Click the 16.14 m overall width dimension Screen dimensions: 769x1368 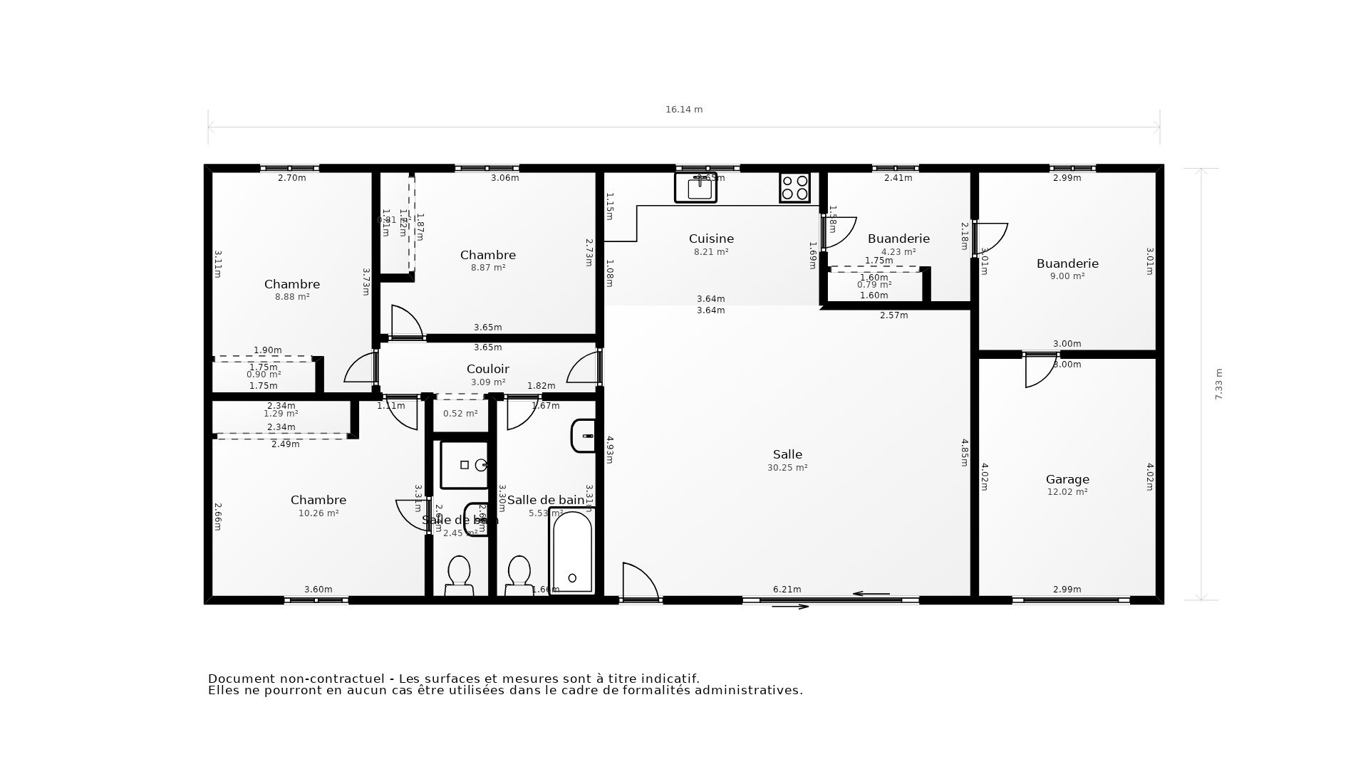684,110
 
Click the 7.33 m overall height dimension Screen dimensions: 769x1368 1218,384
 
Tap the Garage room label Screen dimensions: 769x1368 1067,479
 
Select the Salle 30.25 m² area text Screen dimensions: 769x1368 787,468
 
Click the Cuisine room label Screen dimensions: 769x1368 711,239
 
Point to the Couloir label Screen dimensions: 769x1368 487,369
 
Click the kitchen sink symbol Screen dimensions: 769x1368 696,188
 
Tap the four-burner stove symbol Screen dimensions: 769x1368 794,187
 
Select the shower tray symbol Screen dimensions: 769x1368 464,465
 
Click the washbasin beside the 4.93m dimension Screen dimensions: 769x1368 584,436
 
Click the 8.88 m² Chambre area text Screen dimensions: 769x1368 292,297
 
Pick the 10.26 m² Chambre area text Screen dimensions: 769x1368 318,513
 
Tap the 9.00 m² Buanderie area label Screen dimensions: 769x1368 1067,276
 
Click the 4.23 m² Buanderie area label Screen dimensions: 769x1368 898,251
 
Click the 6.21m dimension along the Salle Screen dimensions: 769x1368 787,589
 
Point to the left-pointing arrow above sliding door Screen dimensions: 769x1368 871,594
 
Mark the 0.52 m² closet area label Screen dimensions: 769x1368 460,413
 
